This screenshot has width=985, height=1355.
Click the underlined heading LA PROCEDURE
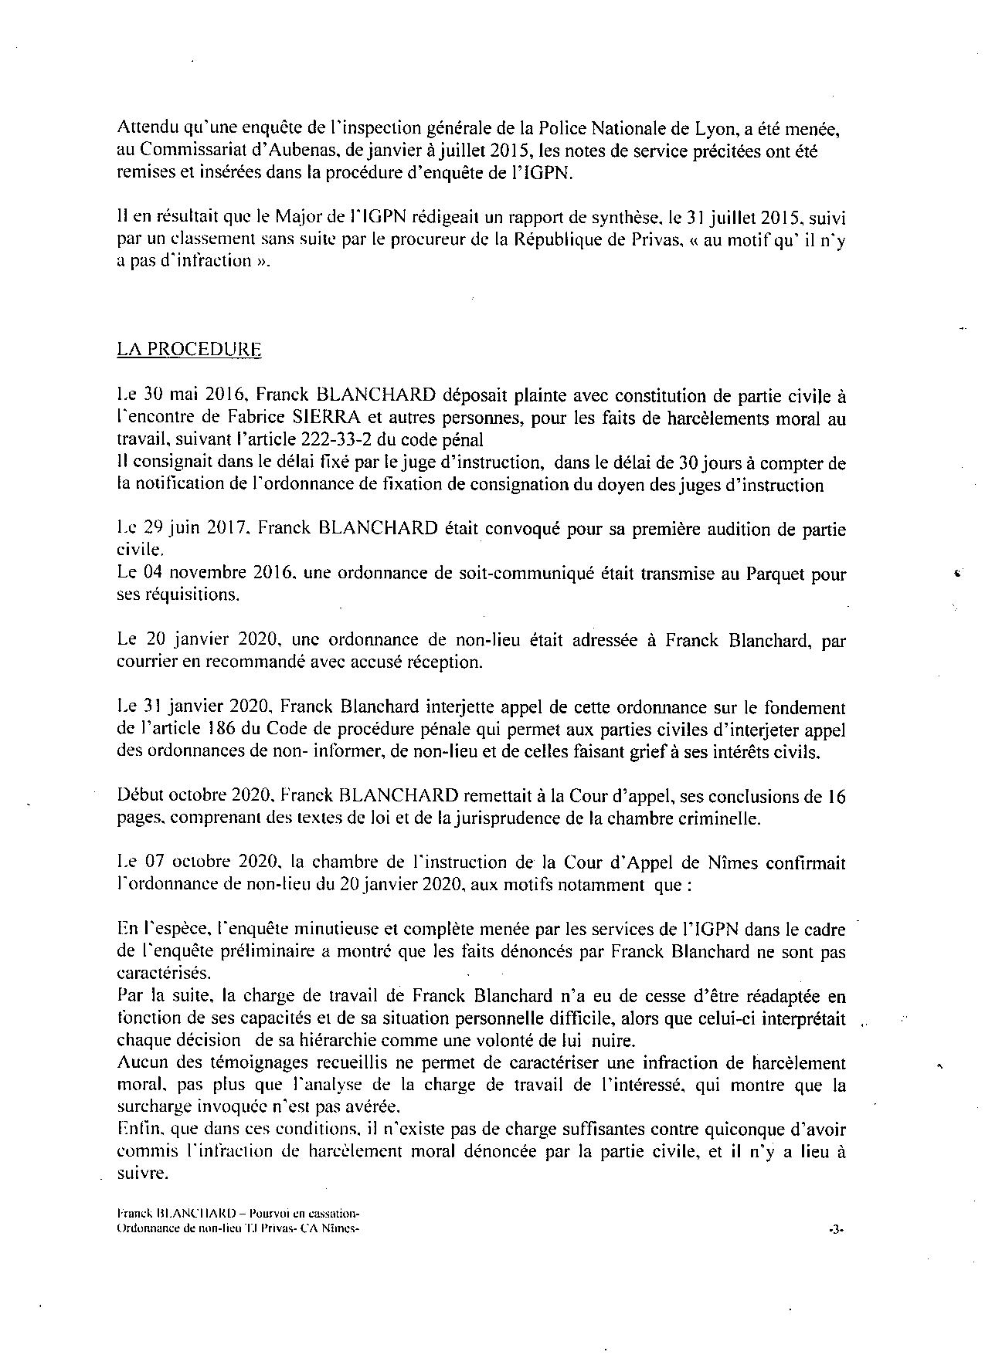pyautogui.click(x=189, y=350)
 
